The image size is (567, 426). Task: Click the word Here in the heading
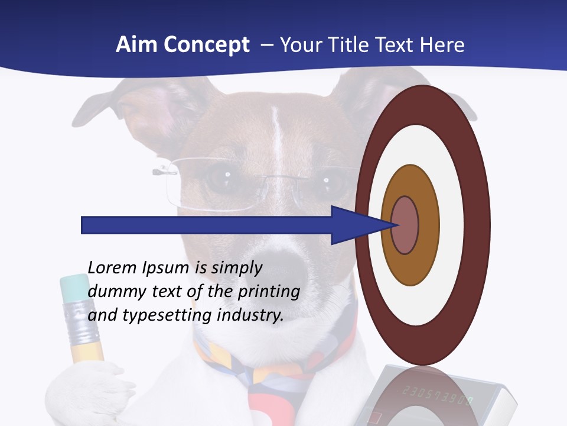[442, 45]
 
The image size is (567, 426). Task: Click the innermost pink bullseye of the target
[405, 225]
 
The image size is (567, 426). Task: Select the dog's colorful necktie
[266, 379]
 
